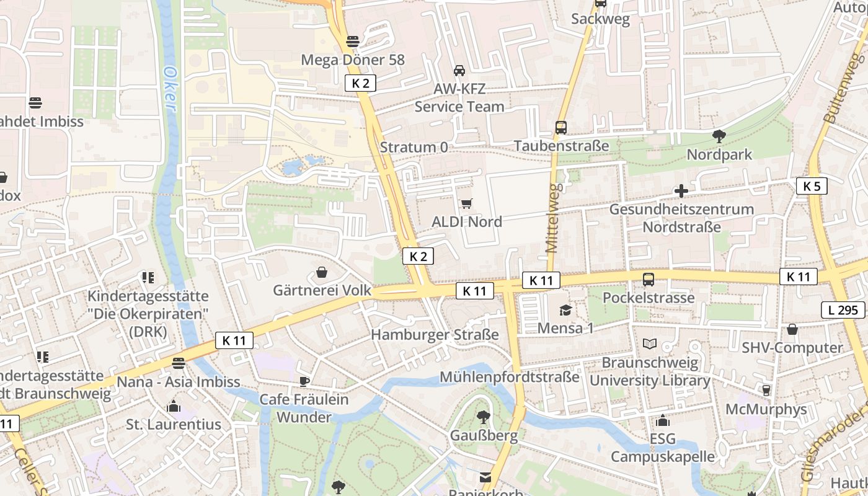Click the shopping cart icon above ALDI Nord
coord(467,203)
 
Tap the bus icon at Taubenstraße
coord(561,128)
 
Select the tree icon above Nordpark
coord(719,136)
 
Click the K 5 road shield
coord(812,186)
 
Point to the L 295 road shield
coord(843,310)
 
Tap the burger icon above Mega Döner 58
coord(353,42)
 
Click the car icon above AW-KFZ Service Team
coord(459,70)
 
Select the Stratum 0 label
coord(414,148)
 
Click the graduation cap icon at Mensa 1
coord(565,310)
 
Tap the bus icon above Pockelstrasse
coord(649,280)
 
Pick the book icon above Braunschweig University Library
coord(649,344)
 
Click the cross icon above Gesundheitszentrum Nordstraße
coord(681,191)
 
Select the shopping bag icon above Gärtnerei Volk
coord(322,272)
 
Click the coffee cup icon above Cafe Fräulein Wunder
coord(304,381)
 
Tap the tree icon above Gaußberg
coord(484,417)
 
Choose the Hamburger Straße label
coord(435,335)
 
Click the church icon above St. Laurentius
coord(174,407)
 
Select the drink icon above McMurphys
coord(766,391)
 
